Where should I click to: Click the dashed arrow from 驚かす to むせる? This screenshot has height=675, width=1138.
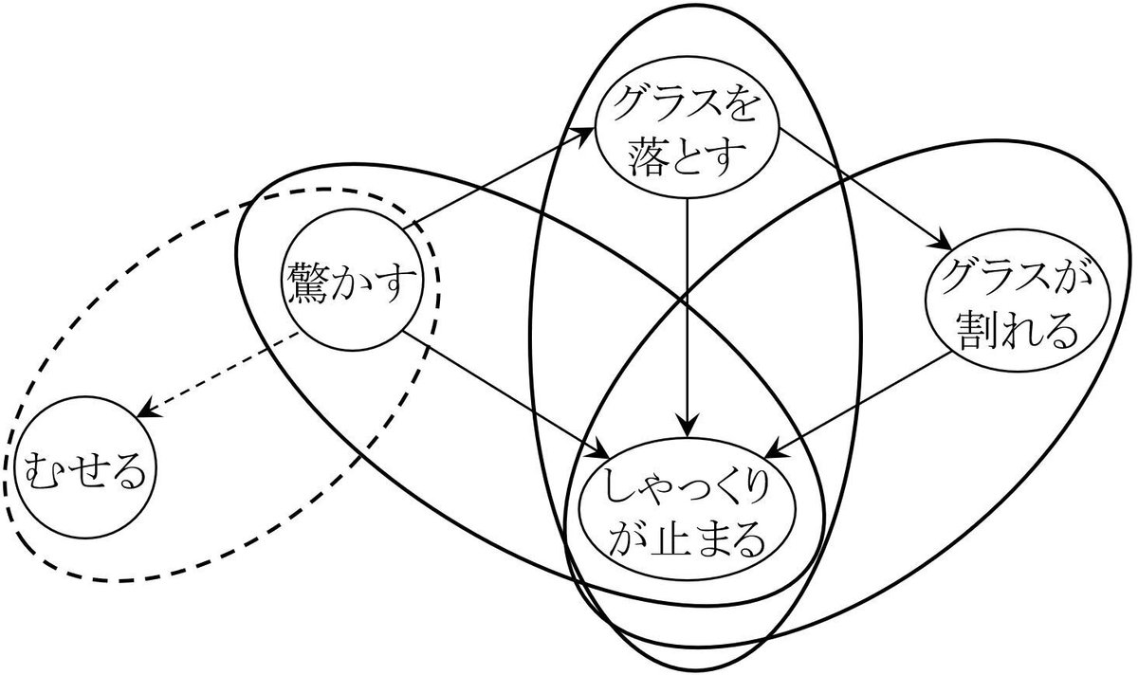coord(218,381)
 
